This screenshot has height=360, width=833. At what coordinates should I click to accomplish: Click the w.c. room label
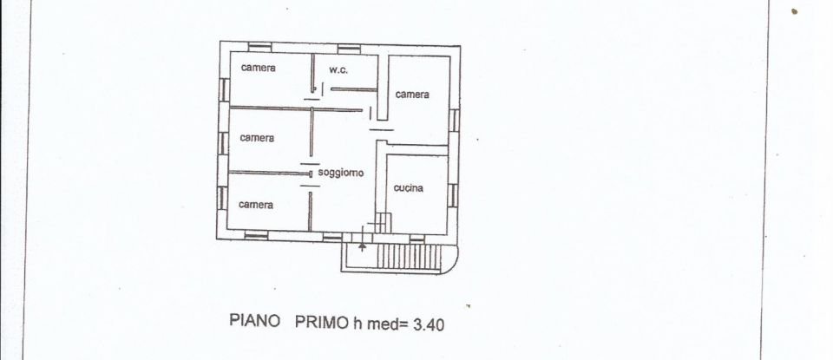(338, 69)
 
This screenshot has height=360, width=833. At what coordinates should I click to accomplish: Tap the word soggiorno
(340, 173)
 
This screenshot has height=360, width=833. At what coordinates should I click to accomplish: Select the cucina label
(408, 188)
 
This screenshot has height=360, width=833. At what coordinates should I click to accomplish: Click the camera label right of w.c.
(412, 95)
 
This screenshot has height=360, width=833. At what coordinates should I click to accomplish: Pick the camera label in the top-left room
(259, 68)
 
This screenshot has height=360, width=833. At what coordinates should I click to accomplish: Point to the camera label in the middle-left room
(257, 137)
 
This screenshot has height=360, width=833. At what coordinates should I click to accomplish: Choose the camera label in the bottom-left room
(256, 205)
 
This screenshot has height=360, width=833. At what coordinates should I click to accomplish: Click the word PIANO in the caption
(255, 321)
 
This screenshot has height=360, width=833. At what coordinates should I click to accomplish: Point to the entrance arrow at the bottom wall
(362, 247)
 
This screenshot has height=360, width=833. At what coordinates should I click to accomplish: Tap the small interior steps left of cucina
(380, 223)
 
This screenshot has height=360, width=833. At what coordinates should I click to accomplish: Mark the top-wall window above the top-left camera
(259, 46)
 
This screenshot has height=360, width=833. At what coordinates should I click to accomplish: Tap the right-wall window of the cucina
(453, 195)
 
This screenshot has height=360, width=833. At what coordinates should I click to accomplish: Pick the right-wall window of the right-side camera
(454, 120)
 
